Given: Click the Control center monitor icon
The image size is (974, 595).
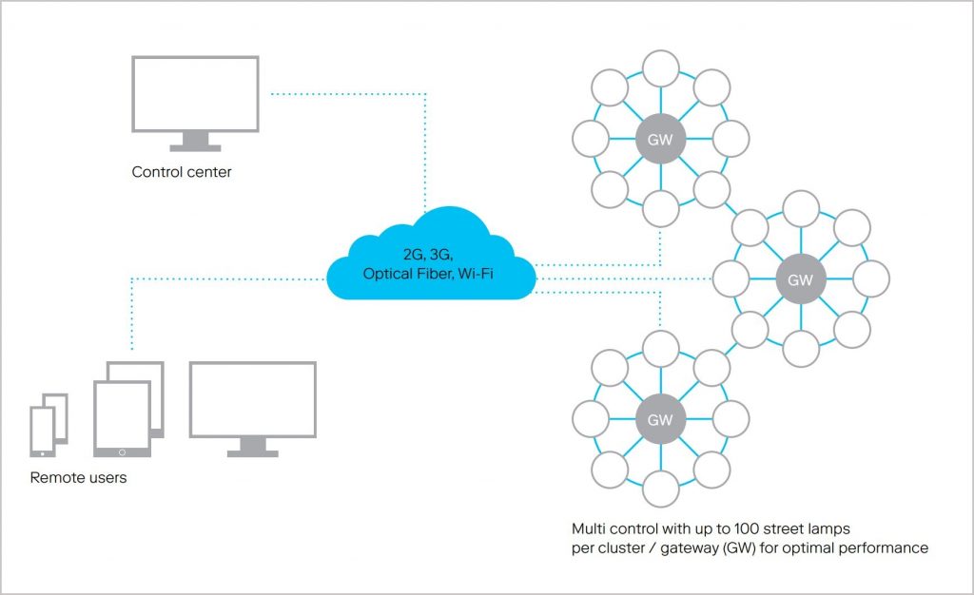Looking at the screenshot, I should click(195, 95).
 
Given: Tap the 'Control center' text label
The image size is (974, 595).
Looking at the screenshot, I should click(182, 173).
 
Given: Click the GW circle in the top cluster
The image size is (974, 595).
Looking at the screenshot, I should click(660, 139).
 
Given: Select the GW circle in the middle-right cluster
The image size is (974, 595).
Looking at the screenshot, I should click(801, 279).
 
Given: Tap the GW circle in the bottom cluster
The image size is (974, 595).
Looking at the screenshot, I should click(660, 419).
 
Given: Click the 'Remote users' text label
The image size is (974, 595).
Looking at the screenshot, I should click(78, 477).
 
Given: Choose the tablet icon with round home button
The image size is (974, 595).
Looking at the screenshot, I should click(122, 419).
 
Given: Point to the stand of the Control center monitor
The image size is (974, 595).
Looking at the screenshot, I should click(195, 143).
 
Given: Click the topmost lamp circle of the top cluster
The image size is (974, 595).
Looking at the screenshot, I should click(660, 68).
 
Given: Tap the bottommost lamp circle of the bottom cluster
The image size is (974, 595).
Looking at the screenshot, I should click(660, 489).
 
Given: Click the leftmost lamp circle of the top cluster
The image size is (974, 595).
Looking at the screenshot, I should click(590, 139).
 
